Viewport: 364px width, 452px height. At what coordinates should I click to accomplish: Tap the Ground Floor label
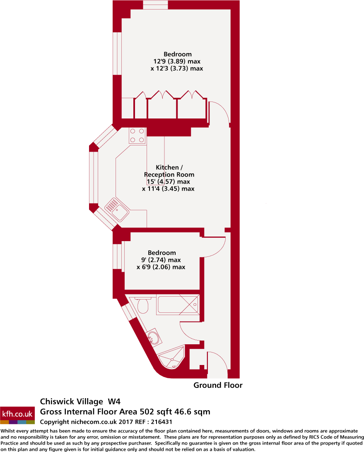(x=218, y=385)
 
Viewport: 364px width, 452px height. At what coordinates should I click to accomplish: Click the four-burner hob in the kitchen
(x=137, y=135)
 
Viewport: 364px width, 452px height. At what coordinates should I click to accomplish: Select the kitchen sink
(x=117, y=209)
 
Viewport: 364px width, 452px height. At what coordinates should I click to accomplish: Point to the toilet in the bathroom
(x=142, y=305)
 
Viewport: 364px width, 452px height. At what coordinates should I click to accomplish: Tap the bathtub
(x=178, y=305)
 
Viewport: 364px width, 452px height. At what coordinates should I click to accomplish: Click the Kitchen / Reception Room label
(x=169, y=171)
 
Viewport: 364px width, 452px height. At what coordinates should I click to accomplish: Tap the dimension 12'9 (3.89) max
(x=177, y=61)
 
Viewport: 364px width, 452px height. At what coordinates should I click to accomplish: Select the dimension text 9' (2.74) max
(x=161, y=260)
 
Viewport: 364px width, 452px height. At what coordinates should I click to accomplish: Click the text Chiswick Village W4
(x=80, y=401)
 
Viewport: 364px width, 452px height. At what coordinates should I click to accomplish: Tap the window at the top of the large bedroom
(x=155, y=5)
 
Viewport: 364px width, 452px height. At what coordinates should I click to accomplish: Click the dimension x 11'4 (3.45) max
(x=168, y=189)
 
